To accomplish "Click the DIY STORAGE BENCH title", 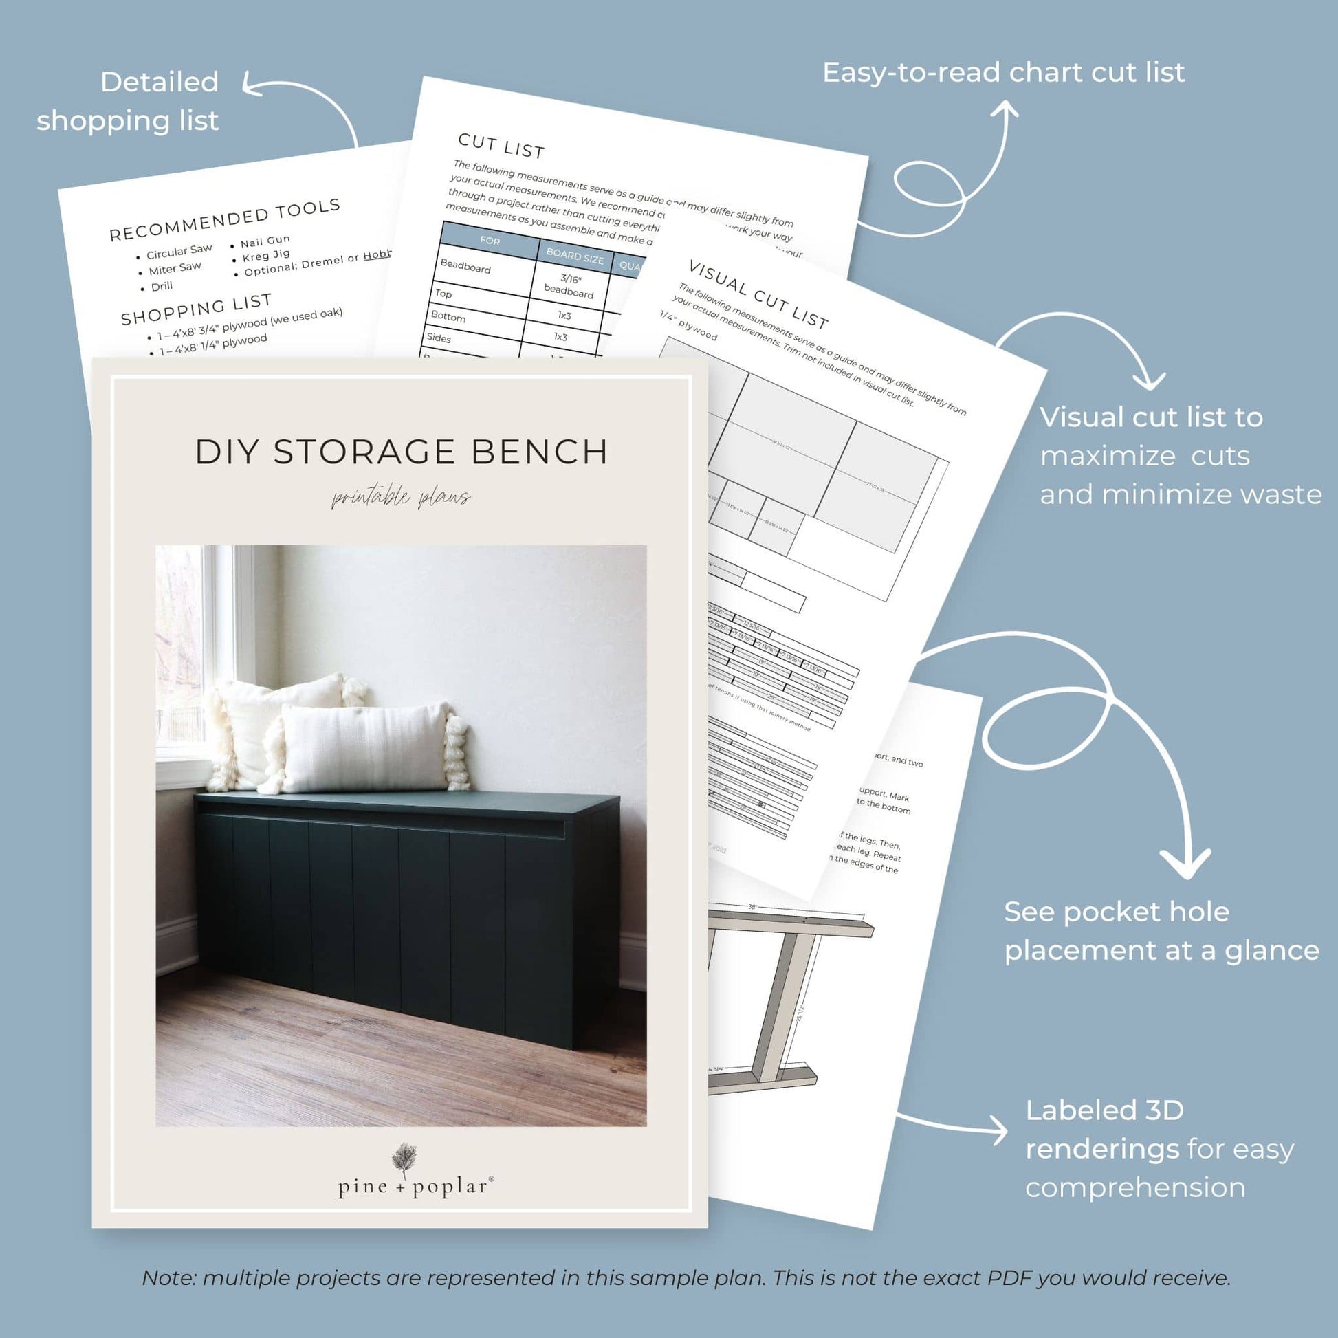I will tap(401, 452).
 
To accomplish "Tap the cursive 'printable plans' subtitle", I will tap(401, 497).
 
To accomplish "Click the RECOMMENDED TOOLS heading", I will tap(225, 220).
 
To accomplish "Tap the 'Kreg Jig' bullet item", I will tap(266, 255).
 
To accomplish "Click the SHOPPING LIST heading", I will tap(196, 309).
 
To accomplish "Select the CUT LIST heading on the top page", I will tap(501, 146).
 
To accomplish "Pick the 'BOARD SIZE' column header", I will tap(574, 256).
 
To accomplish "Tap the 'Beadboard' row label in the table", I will tap(465, 267).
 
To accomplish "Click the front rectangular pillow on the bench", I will tap(364, 748).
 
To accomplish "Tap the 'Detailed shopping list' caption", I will tap(128, 101).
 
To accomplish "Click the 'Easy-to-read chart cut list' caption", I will tap(1002, 72).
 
